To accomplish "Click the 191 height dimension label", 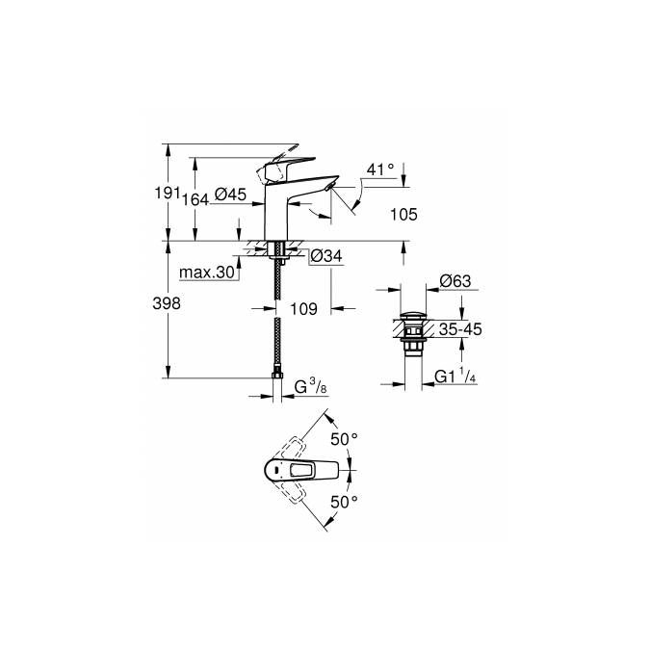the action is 167,194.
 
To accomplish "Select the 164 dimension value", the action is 195,199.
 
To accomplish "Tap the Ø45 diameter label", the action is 230,194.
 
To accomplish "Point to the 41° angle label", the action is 380,169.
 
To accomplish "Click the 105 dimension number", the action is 403,215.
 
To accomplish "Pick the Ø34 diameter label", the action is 326,256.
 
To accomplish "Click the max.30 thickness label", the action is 207,273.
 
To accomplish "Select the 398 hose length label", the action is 167,304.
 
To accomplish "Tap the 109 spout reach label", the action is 303,309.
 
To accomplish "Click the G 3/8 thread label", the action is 310,386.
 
